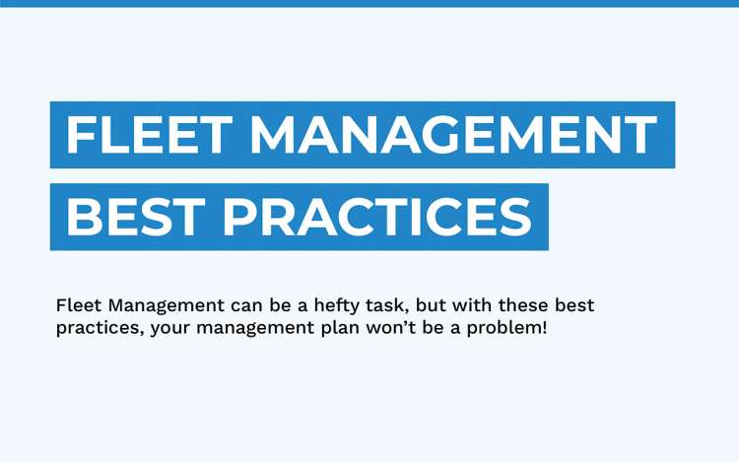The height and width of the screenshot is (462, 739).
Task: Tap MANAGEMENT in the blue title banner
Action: pos(452,135)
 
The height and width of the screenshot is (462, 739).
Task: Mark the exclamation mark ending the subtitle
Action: pos(544,327)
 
